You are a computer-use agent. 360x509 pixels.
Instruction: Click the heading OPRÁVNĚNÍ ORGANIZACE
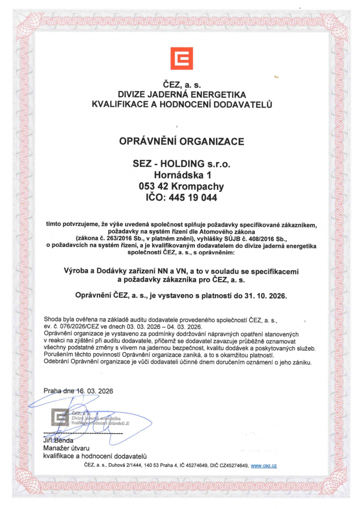182,140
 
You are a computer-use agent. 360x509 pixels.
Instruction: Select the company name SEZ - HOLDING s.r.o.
182,164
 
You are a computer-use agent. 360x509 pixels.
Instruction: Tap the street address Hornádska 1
182,175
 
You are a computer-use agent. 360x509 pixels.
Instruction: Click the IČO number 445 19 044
196,197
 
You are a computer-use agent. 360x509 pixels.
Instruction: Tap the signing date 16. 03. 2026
95,391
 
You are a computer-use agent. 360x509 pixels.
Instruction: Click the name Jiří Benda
59,440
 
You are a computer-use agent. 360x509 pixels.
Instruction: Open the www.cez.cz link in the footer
264,465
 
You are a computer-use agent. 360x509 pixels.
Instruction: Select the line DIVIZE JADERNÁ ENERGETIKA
182,95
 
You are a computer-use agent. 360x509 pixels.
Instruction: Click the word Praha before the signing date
52,391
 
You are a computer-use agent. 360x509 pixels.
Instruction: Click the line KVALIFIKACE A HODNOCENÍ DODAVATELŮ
182,104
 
